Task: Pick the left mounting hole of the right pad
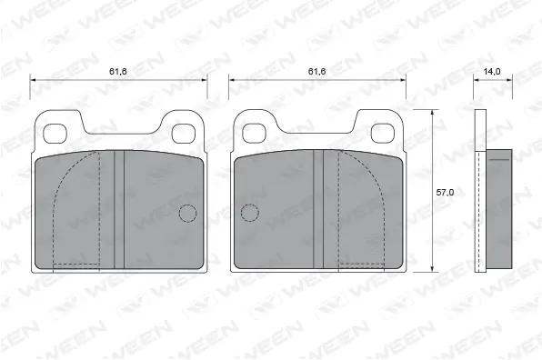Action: click(x=254, y=133)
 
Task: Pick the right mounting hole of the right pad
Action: click(x=383, y=133)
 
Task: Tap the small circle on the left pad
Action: click(x=186, y=215)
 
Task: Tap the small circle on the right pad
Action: click(x=249, y=215)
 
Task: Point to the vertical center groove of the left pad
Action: click(x=118, y=209)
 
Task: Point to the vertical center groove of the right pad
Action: click(x=318, y=209)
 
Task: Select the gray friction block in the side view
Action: click(x=499, y=207)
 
